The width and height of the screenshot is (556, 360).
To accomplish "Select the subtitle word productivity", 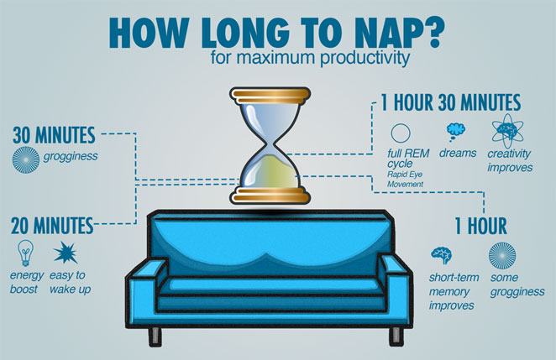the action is point(365,58).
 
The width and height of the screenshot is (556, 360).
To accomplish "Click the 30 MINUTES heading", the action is point(54,135).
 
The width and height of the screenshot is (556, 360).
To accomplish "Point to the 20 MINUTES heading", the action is point(52,226).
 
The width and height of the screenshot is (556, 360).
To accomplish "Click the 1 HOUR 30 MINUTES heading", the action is point(451,102).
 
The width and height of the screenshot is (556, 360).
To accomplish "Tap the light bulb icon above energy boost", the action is point(25,253).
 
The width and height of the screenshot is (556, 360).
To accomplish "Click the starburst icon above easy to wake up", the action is point(66,253).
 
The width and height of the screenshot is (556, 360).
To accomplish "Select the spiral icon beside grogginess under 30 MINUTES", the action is point(26,159).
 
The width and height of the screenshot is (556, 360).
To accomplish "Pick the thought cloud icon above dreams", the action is point(455,132).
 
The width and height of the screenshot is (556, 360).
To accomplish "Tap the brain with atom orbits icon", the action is point(507,131).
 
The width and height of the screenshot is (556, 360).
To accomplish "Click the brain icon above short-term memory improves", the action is point(442,255).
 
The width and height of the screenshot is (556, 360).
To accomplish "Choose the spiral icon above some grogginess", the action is point(502,256).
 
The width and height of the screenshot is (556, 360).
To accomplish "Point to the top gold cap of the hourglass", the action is point(270,96).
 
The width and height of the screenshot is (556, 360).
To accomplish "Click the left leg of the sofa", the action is point(155,337).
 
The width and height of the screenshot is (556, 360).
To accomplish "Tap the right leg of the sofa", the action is point(396,337).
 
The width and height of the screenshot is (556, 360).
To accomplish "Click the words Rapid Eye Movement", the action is point(405,180).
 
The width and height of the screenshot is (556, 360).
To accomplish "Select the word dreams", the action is point(458,153).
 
